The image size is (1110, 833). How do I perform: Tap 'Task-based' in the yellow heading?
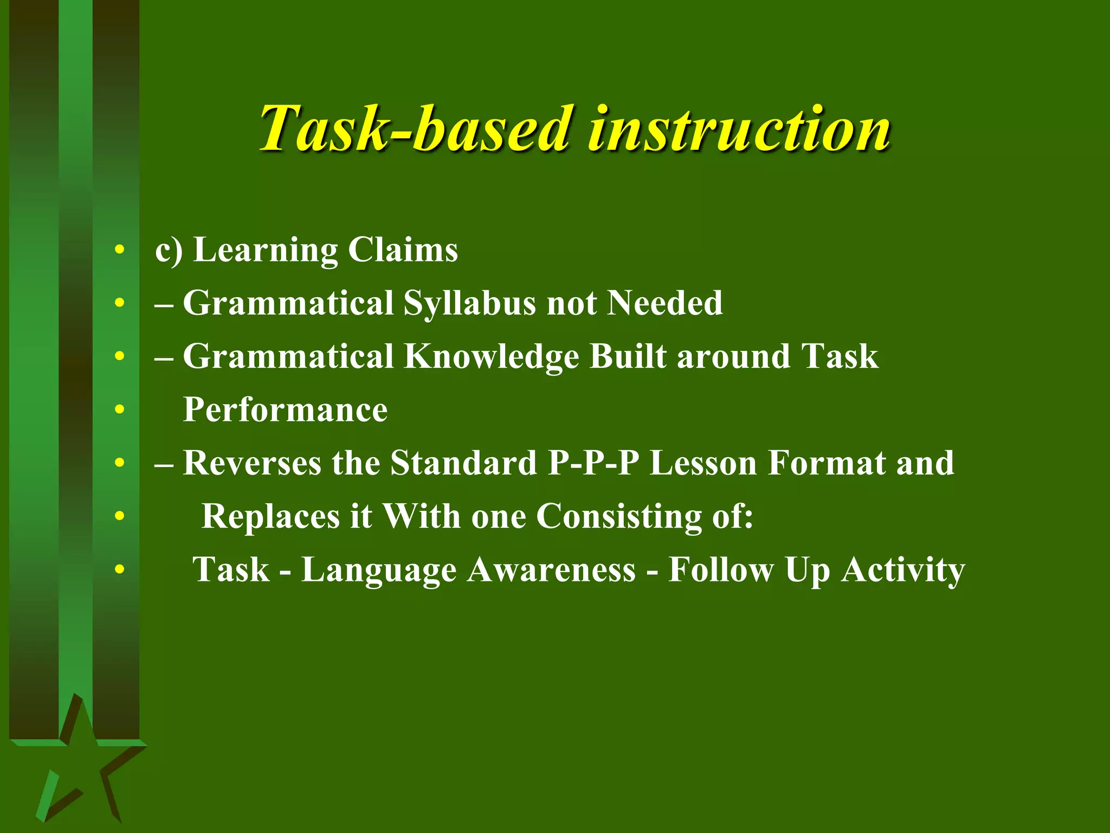(414, 129)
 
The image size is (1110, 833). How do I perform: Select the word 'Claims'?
(403, 250)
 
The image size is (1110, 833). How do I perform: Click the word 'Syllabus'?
(469, 304)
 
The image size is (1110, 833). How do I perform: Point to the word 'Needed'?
(664, 303)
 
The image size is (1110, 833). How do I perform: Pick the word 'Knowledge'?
(491, 357)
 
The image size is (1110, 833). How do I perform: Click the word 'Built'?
(628, 356)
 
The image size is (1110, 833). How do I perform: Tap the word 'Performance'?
(285, 409)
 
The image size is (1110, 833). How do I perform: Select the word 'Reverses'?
(251, 463)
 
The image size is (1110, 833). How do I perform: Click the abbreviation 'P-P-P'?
(593, 463)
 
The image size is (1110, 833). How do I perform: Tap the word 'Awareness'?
(551, 570)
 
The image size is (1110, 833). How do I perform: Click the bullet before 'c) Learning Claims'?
(120, 251)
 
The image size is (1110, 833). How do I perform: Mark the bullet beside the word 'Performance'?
(120, 410)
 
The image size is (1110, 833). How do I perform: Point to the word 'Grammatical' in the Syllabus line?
(288, 303)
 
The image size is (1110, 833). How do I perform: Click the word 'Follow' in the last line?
(721, 570)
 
